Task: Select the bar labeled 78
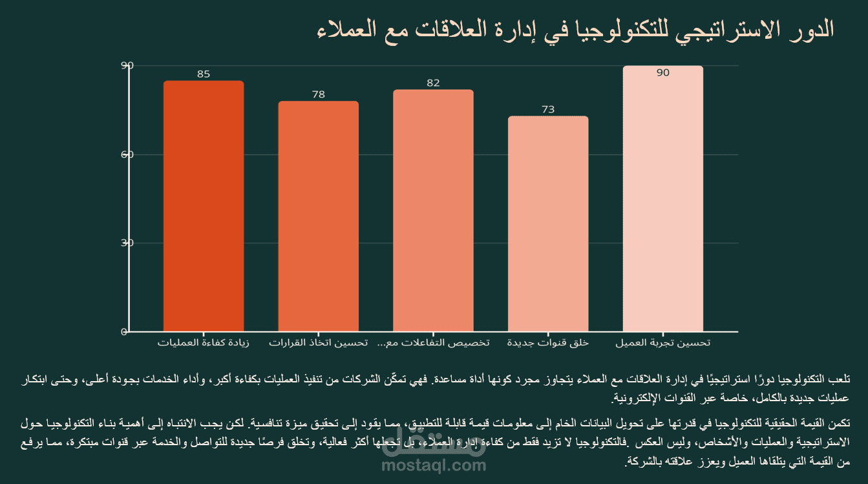point(319,216)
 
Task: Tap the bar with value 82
point(433,210)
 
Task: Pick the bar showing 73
point(548,224)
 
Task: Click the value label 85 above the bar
point(204,74)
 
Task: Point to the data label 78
point(319,94)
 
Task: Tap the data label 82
point(433,83)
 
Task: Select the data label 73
point(548,110)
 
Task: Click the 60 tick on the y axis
point(127,154)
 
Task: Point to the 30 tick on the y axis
point(127,243)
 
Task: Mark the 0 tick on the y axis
point(124,332)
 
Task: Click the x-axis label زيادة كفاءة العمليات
point(204,342)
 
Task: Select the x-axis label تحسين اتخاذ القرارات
point(319,342)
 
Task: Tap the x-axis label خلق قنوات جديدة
point(548,342)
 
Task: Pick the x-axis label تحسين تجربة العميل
point(662,342)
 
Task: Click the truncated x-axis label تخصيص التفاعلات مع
point(433,342)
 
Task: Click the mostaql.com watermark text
point(433,465)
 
